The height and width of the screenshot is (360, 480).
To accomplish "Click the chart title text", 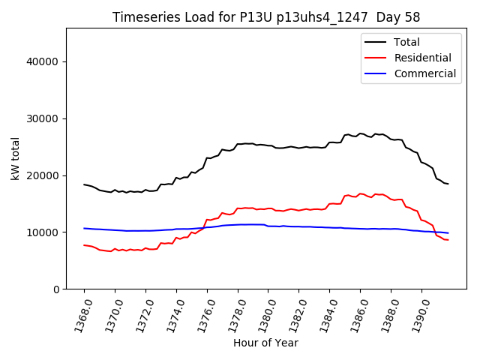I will pos(266,17).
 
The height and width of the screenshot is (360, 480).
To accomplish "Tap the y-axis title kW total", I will pos(15,158).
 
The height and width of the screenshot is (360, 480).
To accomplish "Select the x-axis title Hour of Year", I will pos(265,343).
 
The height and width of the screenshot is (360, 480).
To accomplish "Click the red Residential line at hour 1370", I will pos(115,249).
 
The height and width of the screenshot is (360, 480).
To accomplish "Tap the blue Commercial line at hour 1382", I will pos(298,226).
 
